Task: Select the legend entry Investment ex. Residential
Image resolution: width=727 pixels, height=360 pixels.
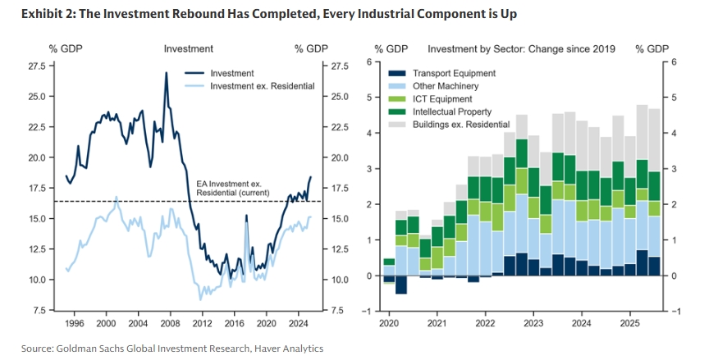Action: (263, 85)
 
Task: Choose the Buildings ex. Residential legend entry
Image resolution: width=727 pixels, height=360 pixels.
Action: (461, 124)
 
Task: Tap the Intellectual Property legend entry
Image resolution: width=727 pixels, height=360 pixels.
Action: (452, 112)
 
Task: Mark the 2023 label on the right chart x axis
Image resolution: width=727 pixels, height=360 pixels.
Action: (533, 324)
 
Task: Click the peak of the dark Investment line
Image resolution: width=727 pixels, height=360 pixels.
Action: (167, 72)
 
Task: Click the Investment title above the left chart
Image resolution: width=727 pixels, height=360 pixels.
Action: (189, 49)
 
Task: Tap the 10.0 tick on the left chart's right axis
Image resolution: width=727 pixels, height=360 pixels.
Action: (340, 280)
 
